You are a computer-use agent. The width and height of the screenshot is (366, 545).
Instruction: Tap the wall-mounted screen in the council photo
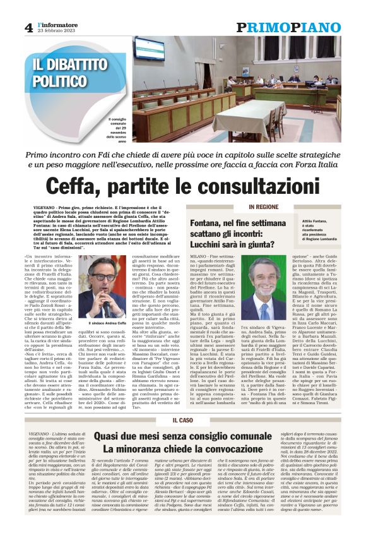click(x=148, y=48)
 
